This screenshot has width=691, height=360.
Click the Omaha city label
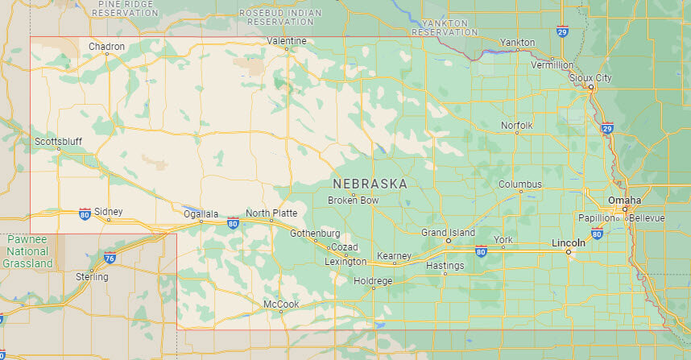(x=624, y=200)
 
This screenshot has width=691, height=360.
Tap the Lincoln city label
(x=568, y=242)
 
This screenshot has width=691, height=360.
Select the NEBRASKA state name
(x=370, y=184)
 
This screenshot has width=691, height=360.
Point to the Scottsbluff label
(x=58, y=141)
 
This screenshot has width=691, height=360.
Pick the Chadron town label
(x=106, y=47)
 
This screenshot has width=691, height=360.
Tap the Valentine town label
(x=287, y=40)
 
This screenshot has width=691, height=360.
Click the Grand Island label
(x=448, y=232)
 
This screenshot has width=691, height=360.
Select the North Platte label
(x=271, y=213)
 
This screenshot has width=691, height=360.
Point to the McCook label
(x=281, y=304)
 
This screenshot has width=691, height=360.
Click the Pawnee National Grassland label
(x=27, y=251)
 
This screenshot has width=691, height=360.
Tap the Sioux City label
(x=590, y=77)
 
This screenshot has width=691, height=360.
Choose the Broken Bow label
(x=353, y=200)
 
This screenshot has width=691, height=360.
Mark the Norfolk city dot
(x=517, y=133)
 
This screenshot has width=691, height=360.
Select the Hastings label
(x=445, y=265)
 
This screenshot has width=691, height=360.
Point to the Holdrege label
(x=372, y=280)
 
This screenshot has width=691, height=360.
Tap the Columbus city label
(x=519, y=184)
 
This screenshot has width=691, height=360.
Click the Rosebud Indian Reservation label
(x=280, y=17)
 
